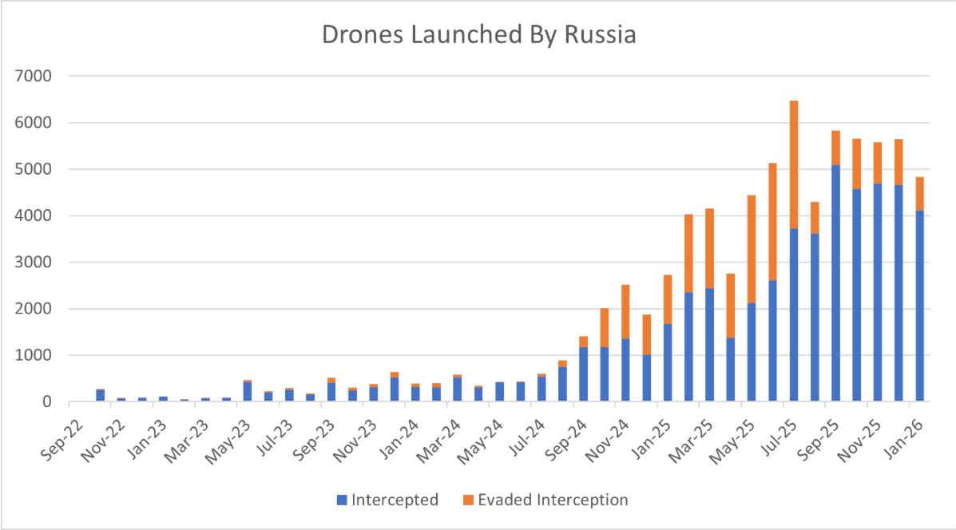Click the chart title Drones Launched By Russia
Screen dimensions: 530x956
click(478, 36)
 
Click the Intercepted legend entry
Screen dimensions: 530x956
click(387, 500)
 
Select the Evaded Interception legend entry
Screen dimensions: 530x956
click(545, 500)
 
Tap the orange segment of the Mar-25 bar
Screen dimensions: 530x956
click(709, 248)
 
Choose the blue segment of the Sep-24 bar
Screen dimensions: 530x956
click(583, 374)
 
